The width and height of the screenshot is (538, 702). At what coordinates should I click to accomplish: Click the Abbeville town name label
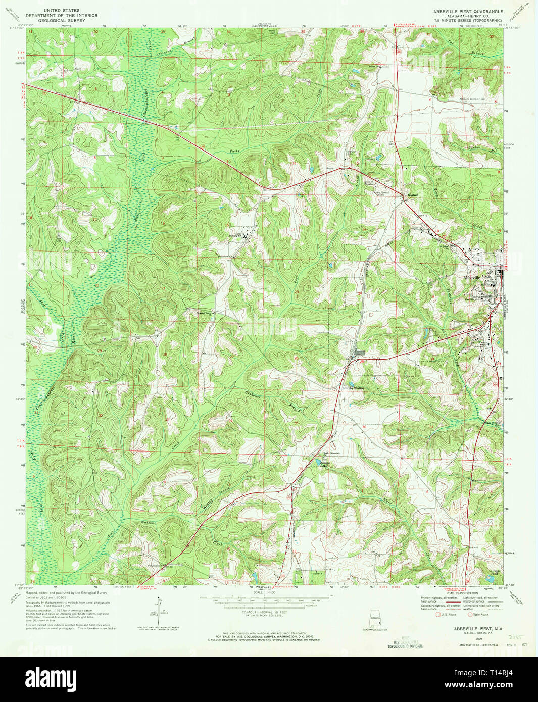pyautogui.click(x=472, y=278)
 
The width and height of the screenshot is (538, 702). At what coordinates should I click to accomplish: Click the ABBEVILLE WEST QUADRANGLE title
pyautogui.click(x=468, y=11)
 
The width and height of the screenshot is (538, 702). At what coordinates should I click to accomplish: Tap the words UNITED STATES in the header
pyautogui.click(x=62, y=10)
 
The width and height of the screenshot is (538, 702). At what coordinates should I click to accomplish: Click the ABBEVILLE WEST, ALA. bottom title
pyautogui.click(x=468, y=629)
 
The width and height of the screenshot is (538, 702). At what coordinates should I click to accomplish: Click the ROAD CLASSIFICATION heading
pyautogui.click(x=463, y=593)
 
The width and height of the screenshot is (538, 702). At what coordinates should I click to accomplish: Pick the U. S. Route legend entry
pyautogui.click(x=446, y=615)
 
